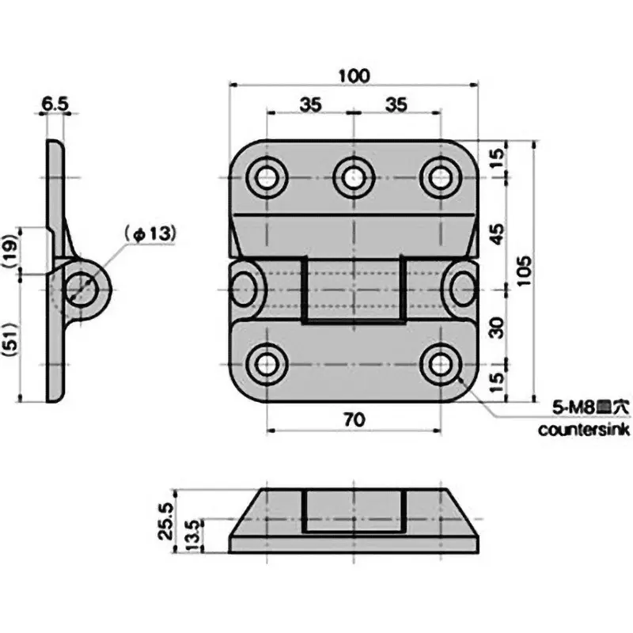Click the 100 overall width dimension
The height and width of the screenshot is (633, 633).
click(x=353, y=76)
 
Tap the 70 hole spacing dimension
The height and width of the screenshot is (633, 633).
click(x=353, y=421)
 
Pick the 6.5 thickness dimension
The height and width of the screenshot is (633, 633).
click(x=55, y=102)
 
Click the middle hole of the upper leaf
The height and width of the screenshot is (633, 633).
click(x=353, y=176)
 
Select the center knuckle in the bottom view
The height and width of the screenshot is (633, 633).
click(x=353, y=510)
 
